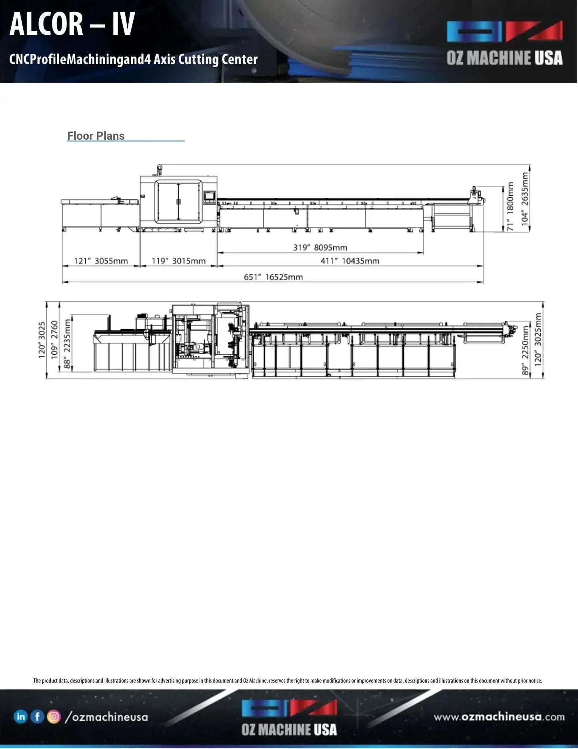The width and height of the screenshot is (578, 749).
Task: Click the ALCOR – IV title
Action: coord(72,24)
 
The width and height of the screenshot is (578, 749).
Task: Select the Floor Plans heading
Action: coord(96,136)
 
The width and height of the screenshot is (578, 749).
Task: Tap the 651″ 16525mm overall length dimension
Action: coord(273,277)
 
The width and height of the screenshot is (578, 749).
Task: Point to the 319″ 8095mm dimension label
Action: coord(320,247)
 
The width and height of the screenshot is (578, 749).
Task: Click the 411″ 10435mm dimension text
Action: coord(350,261)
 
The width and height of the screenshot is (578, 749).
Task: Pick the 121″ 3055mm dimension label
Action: coord(101,261)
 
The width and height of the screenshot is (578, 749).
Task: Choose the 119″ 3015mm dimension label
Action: coord(179,261)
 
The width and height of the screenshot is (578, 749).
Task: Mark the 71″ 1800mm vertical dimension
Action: coord(510,206)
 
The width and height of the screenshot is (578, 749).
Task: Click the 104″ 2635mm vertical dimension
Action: coord(525,199)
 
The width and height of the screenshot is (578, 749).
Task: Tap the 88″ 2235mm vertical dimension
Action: coord(67,343)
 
